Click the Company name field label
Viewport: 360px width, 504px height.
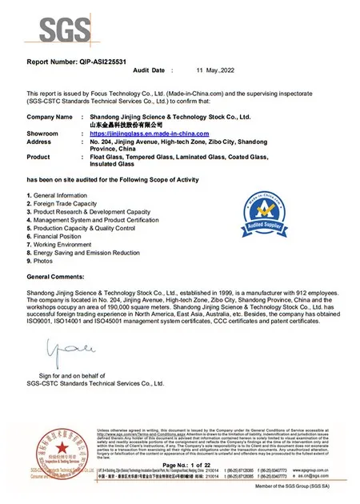click(x=50, y=117)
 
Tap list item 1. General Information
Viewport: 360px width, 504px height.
click(x=58, y=196)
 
